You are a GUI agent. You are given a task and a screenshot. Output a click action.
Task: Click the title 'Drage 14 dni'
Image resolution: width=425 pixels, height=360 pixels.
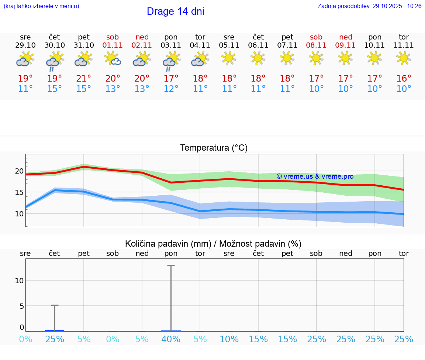[175, 11]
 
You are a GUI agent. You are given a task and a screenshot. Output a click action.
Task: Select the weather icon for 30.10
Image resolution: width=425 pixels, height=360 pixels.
[55, 60]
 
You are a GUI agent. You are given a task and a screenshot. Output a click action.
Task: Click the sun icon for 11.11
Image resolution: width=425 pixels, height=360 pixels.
[404, 58]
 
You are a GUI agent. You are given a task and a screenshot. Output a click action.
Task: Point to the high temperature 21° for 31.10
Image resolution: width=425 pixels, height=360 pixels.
[84, 79]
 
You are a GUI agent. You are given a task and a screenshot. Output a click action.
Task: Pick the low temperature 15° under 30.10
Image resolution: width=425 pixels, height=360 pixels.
[55, 89]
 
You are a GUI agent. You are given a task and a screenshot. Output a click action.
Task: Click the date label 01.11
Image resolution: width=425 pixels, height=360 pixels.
[113, 45]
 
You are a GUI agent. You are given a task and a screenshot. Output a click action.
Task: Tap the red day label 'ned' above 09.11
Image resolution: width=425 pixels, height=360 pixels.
[346, 37]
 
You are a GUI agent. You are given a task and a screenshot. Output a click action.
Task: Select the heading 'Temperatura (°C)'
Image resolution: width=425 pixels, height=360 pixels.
[214, 148]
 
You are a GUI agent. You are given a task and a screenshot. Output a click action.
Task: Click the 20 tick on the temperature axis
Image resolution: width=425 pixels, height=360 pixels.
[19, 171]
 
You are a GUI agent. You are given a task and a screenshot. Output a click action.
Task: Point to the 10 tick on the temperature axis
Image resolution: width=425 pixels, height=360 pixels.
[19, 213]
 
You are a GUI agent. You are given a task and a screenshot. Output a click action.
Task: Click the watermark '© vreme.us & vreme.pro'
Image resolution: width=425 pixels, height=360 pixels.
[315, 176]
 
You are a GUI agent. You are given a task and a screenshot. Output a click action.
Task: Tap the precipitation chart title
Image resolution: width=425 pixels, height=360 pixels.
[213, 244]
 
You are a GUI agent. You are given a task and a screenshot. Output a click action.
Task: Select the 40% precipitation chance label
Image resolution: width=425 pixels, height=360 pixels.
[171, 339]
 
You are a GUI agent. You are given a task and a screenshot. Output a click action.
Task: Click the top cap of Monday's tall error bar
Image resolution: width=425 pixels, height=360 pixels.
[171, 265]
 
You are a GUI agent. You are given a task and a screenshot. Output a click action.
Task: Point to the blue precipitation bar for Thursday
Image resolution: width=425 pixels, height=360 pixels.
[55, 330]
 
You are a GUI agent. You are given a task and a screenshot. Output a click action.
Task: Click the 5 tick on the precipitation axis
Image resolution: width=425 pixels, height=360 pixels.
[21, 306]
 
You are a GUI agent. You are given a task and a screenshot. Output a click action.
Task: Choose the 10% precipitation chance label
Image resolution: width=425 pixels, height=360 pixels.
[229, 339]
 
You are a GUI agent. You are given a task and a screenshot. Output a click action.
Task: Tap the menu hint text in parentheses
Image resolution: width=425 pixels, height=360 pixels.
[41, 6]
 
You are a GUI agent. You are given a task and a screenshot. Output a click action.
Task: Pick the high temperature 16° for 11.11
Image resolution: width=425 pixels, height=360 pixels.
[404, 79]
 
